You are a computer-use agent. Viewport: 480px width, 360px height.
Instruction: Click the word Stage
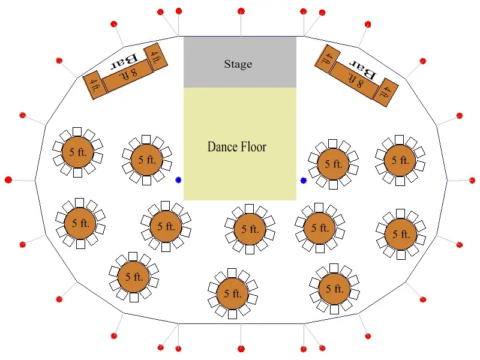point(238,64)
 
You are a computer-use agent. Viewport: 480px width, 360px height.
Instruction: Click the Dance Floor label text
point(237,146)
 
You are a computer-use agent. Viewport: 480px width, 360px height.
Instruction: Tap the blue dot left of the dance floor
point(178,180)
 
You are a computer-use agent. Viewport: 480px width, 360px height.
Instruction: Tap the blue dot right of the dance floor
point(304,181)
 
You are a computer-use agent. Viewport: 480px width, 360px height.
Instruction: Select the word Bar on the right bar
point(363,70)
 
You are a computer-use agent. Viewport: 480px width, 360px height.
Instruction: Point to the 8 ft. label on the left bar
point(128,74)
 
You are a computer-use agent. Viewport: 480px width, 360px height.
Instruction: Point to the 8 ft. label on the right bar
point(356,80)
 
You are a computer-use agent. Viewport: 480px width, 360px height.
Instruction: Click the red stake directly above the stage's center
point(241,11)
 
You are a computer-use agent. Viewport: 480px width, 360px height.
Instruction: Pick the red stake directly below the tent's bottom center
point(241,349)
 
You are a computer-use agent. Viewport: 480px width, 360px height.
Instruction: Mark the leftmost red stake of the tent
point(8,180)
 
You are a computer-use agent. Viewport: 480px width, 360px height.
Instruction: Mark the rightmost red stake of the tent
point(472,181)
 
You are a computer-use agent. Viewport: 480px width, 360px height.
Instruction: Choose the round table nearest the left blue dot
point(146,160)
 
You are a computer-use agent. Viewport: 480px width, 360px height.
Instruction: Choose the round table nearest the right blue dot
point(333,164)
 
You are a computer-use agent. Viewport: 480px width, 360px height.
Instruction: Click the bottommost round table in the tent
point(232,293)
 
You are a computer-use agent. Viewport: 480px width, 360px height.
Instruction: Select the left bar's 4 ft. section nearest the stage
point(156,57)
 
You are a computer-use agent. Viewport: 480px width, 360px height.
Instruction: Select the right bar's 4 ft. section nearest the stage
point(328,59)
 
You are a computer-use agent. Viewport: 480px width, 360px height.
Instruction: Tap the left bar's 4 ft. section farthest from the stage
point(95,85)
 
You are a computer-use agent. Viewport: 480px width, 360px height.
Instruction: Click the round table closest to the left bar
point(77,152)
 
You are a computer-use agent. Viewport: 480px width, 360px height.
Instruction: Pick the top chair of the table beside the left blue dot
point(146,140)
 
